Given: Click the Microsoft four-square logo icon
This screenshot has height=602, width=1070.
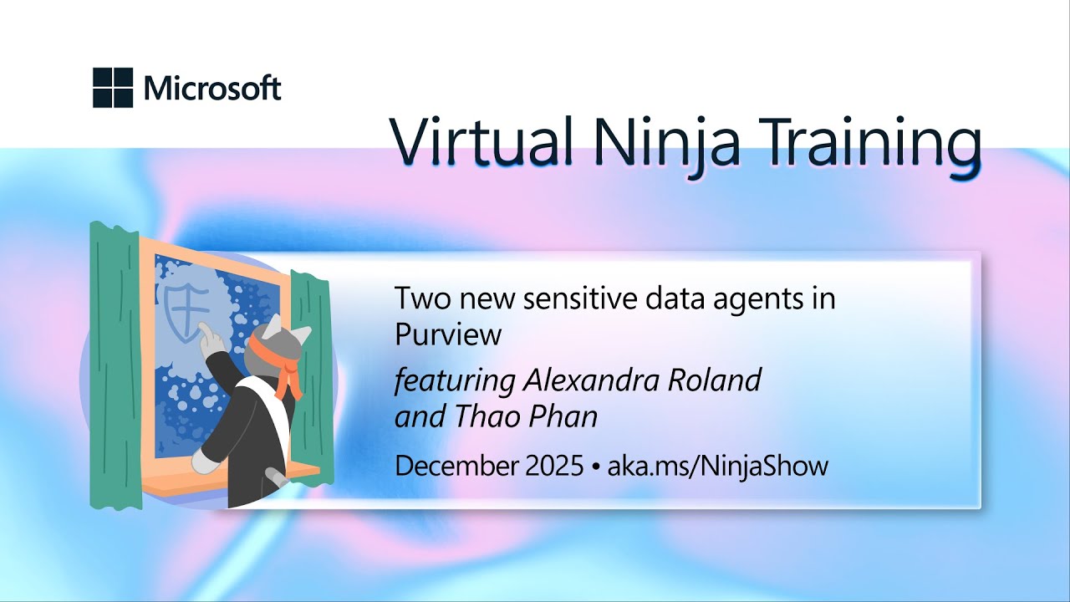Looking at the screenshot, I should tap(113, 88).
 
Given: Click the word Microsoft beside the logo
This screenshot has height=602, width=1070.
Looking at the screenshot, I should tap(212, 88).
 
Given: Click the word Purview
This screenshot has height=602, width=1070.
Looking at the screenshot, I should tap(448, 334).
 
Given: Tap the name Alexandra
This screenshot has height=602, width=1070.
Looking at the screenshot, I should tap(593, 380).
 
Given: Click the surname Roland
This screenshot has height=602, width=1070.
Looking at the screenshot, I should tap(716, 380).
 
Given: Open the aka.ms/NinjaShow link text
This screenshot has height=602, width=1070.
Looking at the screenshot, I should tap(717, 466).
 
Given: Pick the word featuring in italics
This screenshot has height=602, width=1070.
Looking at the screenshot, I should tap(455, 380).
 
